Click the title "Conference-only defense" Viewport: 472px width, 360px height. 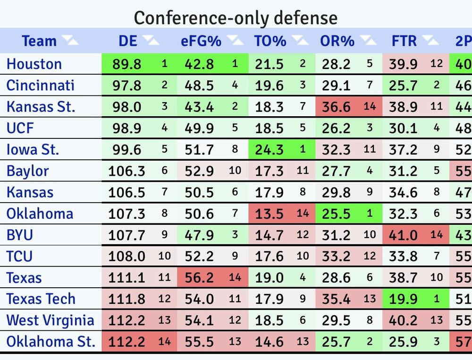coord(236,18)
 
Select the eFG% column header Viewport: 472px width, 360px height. coord(201,41)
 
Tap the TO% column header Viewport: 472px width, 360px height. coord(270,41)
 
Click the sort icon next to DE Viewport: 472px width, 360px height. coord(152,41)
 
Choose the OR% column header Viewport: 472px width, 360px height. coord(337,41)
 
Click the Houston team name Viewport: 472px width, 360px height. coord(34,64)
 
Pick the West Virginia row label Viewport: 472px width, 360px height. coord(51,320)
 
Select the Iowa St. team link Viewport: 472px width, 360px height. coord(33,149)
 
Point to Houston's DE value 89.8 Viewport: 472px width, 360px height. coord(126,64)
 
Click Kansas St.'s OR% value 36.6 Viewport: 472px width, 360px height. coord(336,107)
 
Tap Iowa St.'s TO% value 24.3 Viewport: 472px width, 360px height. coord(269,149)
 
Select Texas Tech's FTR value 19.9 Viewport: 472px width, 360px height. coord(404,299)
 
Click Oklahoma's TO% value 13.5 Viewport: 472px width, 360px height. coord(269,214)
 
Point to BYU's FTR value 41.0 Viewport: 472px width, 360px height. coord(404,235)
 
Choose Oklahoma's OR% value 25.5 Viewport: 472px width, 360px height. coord(336,214)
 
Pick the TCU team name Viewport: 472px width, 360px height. coord(19,257)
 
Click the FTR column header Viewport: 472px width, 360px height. coord(404,41)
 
